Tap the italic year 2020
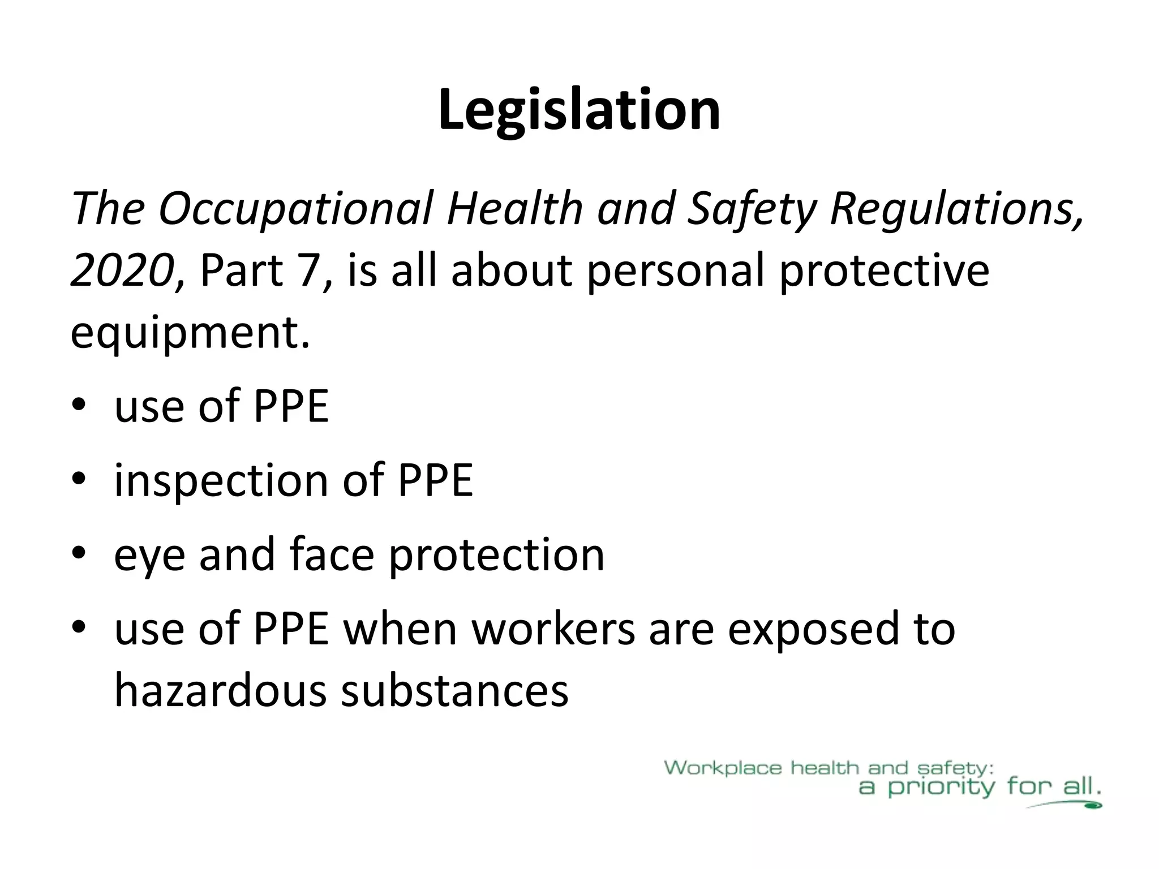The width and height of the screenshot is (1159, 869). (122, 270)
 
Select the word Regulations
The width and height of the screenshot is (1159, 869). (956, 209)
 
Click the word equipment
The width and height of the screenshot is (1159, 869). (190, 333)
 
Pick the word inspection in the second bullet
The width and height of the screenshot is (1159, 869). (221, 480)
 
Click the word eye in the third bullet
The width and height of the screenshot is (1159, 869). (149, 555)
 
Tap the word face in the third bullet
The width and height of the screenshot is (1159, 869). (332, 554)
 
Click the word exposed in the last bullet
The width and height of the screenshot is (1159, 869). (813, 629)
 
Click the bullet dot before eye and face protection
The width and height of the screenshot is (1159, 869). (79, 555)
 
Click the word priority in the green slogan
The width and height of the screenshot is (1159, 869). (940, 788)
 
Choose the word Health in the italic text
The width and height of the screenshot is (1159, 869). (514, 209)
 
